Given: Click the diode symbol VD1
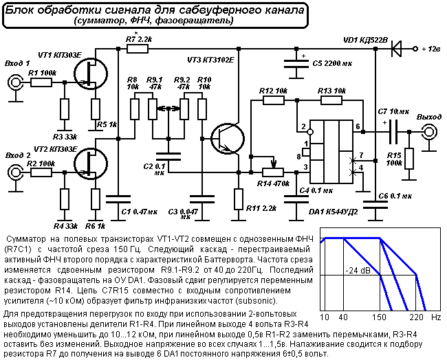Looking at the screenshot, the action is pos(396,49).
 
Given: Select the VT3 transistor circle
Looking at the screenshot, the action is pos(228,139).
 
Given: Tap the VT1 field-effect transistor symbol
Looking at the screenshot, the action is pos(91,74).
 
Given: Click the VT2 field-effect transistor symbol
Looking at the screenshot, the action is pos(91,164).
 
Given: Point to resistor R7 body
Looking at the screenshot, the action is pos(138,49).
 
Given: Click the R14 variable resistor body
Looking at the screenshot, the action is pos(273,172).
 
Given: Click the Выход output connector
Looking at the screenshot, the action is pos(429,132).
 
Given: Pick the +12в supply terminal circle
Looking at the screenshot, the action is pos(415,49).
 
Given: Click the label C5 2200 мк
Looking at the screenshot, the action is pos(332,63).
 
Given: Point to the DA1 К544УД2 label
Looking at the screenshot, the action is pos(333,212).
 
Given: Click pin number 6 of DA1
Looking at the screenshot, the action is pos(358,126).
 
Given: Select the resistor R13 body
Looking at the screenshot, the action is pos(331,100).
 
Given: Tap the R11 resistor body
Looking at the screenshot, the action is pos(239,199).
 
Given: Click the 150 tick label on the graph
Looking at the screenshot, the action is pos(380,317).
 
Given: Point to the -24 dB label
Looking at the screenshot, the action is pos(358,270).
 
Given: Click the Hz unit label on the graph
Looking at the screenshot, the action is pos(436,317).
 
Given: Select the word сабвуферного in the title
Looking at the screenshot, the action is pos(219,10).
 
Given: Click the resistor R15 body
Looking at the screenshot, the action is pos(409,159).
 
